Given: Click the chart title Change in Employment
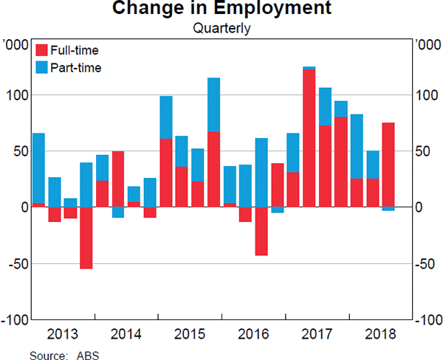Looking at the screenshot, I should tap(221, 10).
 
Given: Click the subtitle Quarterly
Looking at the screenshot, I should tap(221, 30).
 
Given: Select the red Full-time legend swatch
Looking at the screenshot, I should tap(42, 50).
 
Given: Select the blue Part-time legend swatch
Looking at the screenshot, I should tap(42, 68).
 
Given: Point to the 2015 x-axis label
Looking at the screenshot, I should tap(190, 333).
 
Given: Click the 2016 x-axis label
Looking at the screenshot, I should tap(253, 333).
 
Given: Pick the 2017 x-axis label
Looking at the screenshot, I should tap(317, 333).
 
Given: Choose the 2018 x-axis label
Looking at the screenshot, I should tap(380, 333).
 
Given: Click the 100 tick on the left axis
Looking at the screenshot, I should tap(19, 95).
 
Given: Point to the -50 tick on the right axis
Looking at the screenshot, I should tap(427, 264).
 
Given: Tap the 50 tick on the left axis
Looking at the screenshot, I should tap(22, 151).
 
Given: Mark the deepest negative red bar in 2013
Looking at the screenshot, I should tap(86, 238).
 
